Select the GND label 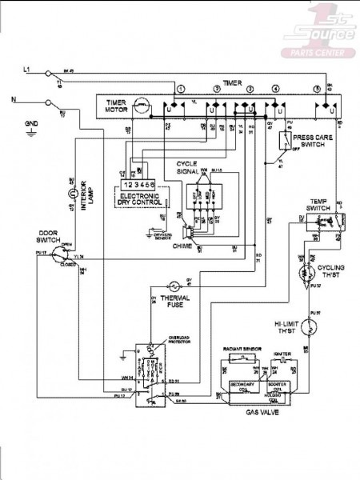pyautogui.click(x=31, y=124)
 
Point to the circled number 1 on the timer pyautogui.click(x=182, y=87)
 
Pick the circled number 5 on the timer pyautogui.click(x=317, y=87)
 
